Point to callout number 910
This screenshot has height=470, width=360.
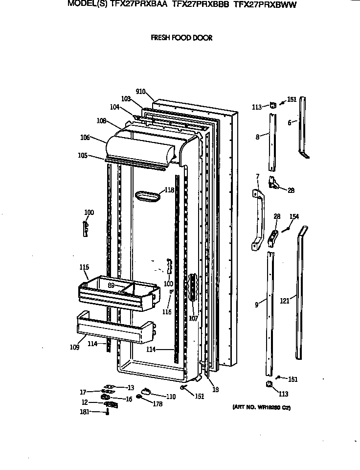141,92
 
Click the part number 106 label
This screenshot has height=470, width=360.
85,138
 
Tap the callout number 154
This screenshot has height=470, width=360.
294,216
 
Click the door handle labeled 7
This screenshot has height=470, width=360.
257,219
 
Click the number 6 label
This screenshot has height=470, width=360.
289,123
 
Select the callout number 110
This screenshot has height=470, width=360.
171,397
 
